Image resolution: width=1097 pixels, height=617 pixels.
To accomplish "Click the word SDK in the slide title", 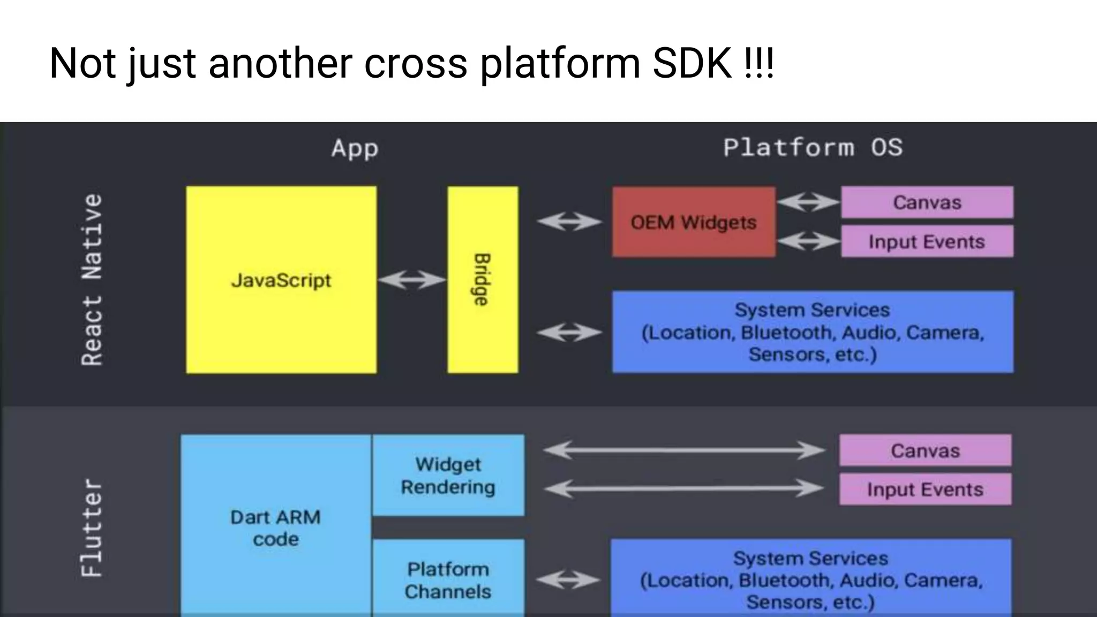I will point(692,63).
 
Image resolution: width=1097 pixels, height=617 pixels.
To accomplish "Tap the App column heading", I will point(355,148).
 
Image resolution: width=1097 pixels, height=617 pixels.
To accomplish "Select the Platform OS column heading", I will point(813,147).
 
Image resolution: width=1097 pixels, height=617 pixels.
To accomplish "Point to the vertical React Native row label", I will point(92,280).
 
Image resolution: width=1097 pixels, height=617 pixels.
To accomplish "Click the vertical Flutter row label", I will point(92,528).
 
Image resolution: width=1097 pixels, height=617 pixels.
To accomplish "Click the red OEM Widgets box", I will point(694,222).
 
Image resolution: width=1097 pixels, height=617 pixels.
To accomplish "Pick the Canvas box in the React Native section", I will point(927,202).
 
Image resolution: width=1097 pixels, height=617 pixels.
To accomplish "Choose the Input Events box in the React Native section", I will point(927,242).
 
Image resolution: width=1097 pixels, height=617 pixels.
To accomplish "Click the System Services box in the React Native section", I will point(813,332).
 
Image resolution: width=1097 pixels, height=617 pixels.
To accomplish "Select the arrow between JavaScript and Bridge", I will point(412,280).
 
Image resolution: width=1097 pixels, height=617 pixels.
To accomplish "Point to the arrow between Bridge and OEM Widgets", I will point(569,221).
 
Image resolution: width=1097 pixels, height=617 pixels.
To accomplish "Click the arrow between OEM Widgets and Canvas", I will point(808,202).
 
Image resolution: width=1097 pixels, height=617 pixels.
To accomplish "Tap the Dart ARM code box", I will point(275,528).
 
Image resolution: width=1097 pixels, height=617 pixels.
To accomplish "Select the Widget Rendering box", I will point(448,475).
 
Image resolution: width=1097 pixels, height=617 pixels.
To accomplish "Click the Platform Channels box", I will point(448,580).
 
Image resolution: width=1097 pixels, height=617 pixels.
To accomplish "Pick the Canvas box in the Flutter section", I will point(925,450).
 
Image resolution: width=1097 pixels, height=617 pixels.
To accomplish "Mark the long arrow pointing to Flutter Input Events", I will point(683,488).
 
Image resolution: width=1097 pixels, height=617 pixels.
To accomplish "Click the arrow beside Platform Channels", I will point(568,580).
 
